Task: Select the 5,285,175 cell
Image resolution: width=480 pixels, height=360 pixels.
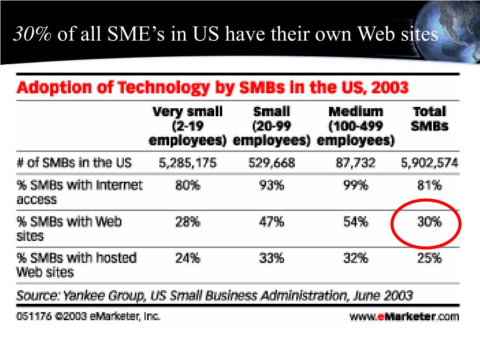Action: (187, 163)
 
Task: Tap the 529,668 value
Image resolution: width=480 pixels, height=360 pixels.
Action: (271, 163)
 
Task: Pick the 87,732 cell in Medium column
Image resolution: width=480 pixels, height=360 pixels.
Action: (355, 163)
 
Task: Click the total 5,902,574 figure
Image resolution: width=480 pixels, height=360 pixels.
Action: (429, 163)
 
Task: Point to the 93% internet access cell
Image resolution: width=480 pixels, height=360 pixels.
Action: (271, 186)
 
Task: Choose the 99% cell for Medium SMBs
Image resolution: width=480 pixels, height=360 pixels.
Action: (356, 186)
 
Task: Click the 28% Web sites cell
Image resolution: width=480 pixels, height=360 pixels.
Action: (187, 221)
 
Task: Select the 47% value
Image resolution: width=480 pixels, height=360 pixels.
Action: (271, 221)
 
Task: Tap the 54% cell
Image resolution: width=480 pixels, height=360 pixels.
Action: (356, 221)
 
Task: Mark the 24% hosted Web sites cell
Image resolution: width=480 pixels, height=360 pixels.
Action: (187, 257)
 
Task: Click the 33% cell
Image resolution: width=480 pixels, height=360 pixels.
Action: (271, 257)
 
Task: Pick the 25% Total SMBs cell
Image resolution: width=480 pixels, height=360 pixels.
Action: (429, 257)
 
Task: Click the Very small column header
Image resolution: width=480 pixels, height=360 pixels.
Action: (187, 126)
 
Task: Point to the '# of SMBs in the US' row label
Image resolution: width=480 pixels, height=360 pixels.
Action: (74, 163)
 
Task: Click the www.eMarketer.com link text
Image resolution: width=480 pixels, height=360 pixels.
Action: (404, 316)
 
